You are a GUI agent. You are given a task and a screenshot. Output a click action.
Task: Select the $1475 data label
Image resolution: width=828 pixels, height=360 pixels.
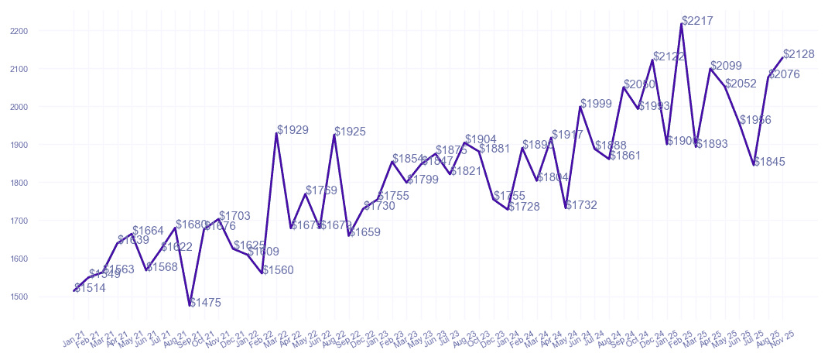click(205, 303)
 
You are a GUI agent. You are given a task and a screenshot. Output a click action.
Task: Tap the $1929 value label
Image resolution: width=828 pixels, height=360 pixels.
click(293, 130)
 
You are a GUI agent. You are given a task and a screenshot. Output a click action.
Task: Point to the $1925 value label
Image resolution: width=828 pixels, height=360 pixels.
click(350, 132)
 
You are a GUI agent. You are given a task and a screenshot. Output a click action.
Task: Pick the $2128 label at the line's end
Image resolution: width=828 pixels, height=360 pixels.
click(799, 54)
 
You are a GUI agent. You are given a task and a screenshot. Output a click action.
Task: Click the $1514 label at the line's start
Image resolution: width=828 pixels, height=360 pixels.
click(90, 288)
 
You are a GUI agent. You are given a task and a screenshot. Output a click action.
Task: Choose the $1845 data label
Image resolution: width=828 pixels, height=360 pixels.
click(769, 162)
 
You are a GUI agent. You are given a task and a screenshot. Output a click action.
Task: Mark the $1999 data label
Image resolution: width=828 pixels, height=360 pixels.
click(596, 104)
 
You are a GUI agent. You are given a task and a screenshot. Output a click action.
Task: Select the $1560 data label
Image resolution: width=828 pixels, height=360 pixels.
click(278, 270)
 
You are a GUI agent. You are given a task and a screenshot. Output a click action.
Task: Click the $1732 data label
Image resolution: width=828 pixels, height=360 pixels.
click(581, 205)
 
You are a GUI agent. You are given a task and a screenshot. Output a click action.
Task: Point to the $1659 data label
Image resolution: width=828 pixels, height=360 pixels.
click(364, 231)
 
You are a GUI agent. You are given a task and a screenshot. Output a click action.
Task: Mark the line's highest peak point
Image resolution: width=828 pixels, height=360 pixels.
click(681, 24)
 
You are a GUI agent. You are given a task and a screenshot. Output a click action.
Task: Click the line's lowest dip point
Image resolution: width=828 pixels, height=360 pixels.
click(190, 306)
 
